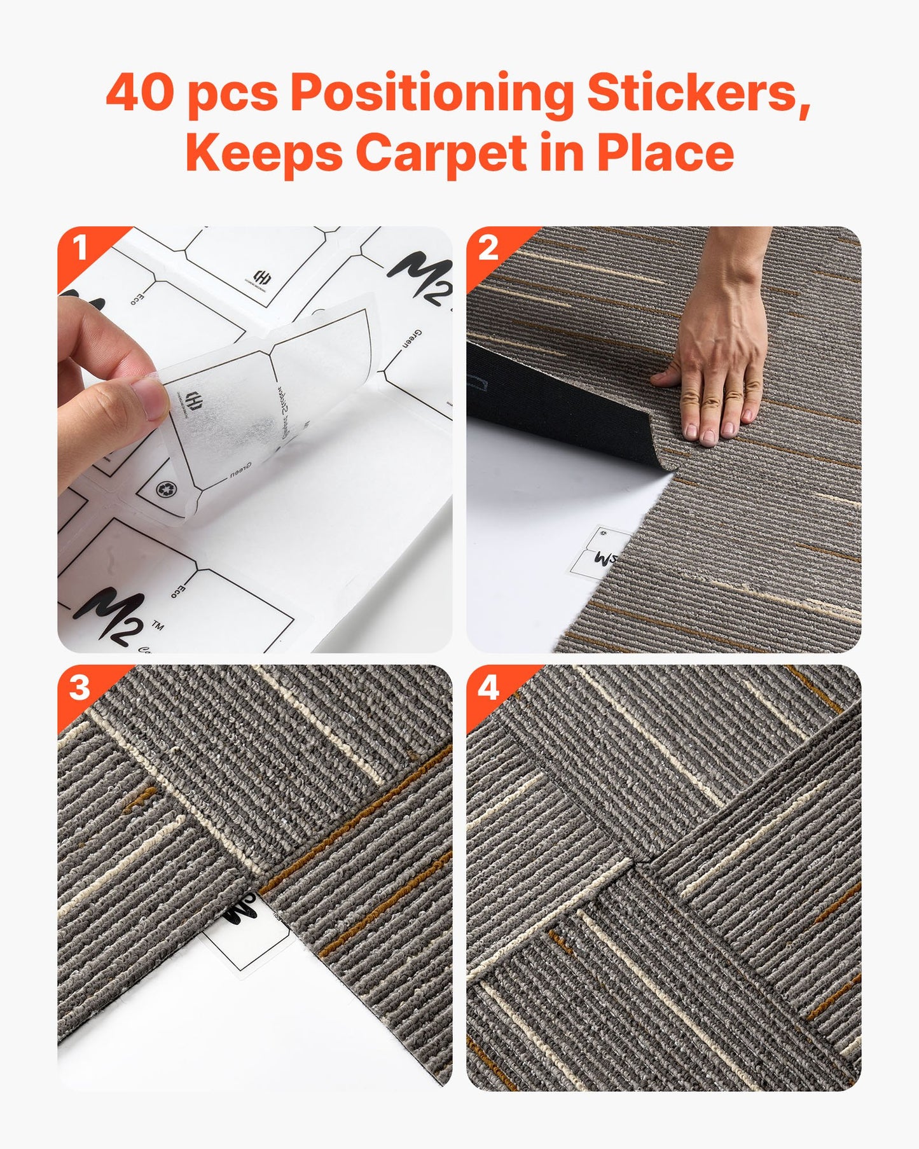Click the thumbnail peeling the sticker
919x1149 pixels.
click(x=254, y=439)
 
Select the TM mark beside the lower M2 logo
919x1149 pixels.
click(x=157, y=627)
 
